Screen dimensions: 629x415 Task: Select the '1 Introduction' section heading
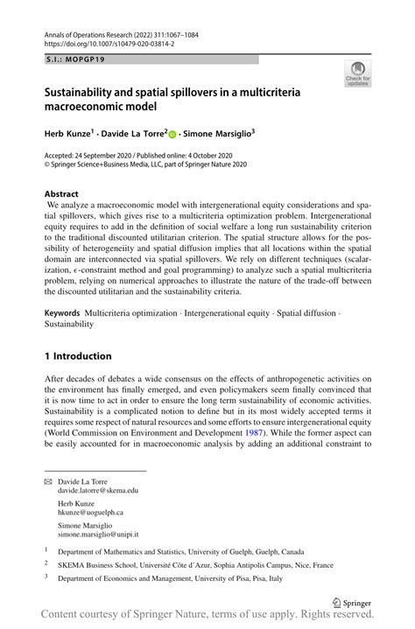78,356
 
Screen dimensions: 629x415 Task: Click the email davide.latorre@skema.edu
98,491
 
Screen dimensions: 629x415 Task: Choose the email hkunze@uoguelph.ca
90,513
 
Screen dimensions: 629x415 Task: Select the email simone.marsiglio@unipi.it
98,534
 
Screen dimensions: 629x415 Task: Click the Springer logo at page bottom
351,602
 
